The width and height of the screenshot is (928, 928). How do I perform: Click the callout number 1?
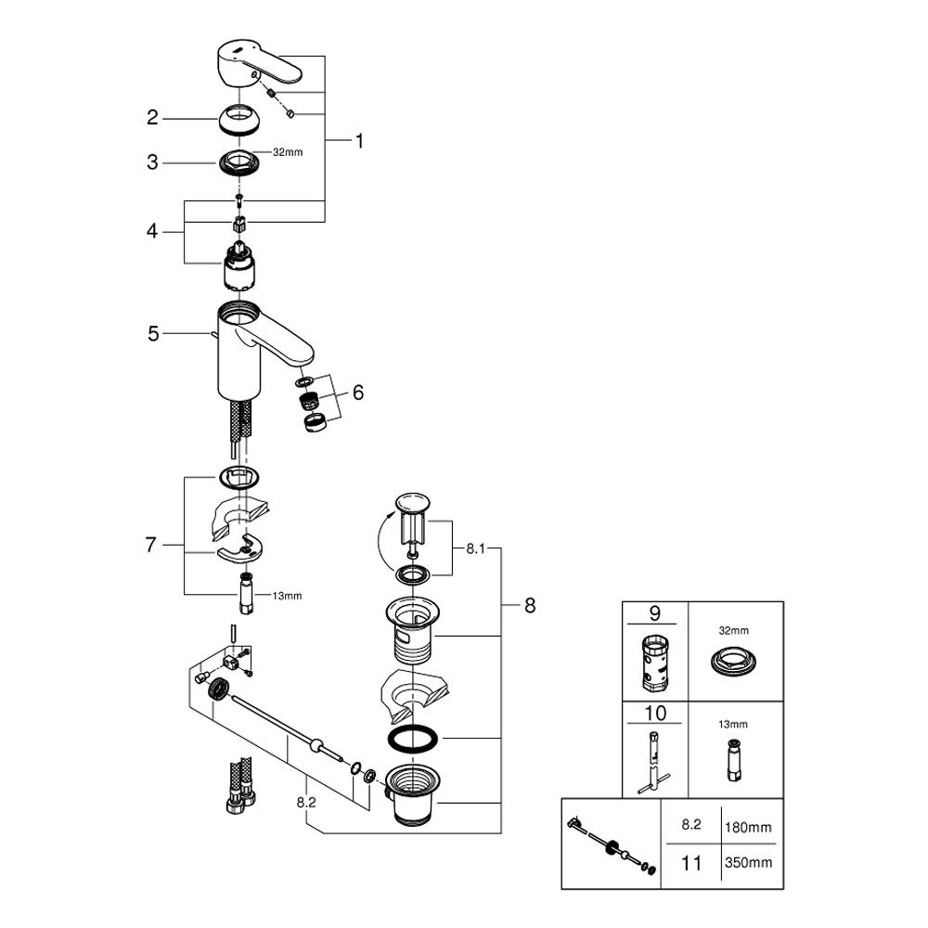point(359,141)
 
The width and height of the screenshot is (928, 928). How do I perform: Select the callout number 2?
point(153,118)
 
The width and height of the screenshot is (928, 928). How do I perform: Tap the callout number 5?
point(153,333)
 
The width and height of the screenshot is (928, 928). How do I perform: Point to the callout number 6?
point(357,393)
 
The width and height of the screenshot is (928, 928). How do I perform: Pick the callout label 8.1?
point(476,548)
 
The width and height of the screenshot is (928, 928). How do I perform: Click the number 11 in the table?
point(691,863)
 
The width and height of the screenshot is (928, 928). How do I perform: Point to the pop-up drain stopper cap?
point(413,504)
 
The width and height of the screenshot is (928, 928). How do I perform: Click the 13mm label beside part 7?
point(287,596)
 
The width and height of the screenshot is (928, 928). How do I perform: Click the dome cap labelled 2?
point(240,119)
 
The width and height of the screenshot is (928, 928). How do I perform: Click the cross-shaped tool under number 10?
point(654,761)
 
